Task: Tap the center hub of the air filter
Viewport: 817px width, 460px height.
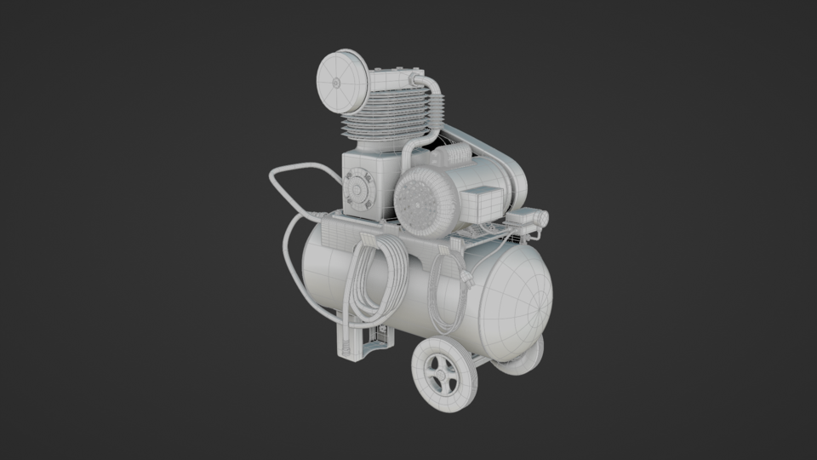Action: (x=337, y=83)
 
